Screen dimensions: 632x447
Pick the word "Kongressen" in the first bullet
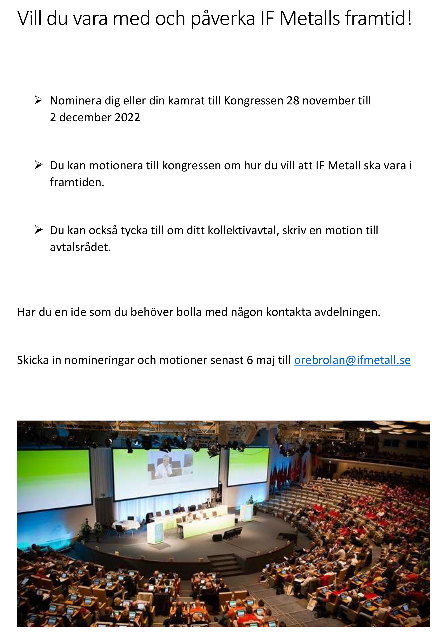(253, 101)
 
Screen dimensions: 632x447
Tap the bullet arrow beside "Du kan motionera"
(38, 165)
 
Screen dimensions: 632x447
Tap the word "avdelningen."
(347, 312)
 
